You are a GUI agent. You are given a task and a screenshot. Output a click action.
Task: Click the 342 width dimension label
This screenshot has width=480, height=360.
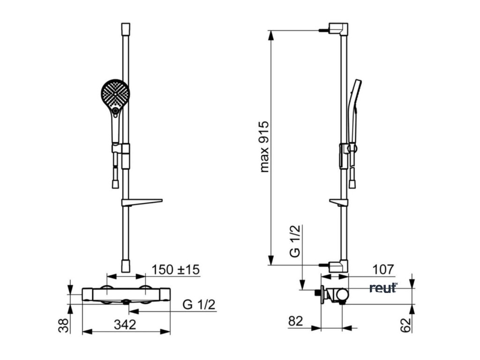tap(125, 324)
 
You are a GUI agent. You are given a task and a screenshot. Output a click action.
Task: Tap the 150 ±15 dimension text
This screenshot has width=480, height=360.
tap(176, 270)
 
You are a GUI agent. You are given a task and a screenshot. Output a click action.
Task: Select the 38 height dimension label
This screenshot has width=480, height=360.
tap(63, 325)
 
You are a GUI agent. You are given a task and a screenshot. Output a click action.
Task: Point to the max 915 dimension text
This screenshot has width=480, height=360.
tap(264, 147)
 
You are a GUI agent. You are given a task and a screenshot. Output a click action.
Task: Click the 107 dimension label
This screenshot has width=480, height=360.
tap(383, 270)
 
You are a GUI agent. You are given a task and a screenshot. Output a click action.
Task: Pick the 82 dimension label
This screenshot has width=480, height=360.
tap(296, 321)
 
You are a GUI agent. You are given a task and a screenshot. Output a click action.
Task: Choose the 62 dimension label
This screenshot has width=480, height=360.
tap(405, 325)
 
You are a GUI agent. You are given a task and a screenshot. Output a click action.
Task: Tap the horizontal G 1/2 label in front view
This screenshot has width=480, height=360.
tap(199, 305)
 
